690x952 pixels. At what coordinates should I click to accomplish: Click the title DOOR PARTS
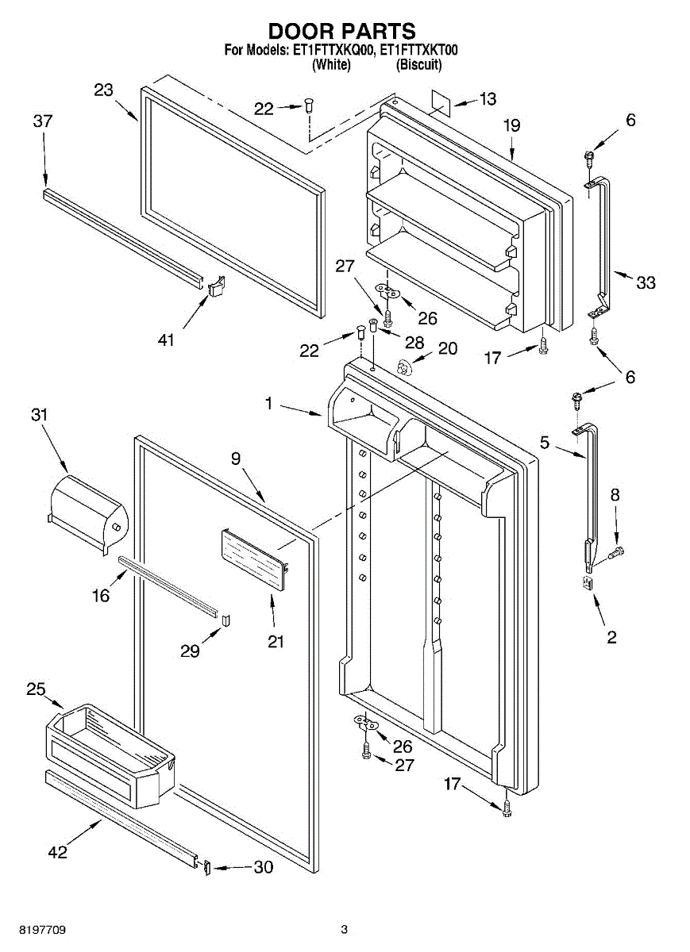coord(342,31)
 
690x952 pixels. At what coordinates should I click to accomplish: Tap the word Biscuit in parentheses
coord(418,65)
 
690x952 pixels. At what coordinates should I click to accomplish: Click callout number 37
coord(43,121)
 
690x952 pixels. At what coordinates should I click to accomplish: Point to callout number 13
coord(488,99)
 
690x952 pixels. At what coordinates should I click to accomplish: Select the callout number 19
coord(512,125)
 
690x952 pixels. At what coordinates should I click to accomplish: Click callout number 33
coord(646,282)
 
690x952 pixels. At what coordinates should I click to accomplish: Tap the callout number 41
coord(166,340)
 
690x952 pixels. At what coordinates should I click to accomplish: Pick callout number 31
coord(39,415)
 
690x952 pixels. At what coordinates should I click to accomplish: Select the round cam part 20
coord(402,367)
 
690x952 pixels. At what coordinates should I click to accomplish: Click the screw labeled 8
coord(615,553)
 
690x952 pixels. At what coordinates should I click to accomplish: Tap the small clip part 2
coord(587,582)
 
